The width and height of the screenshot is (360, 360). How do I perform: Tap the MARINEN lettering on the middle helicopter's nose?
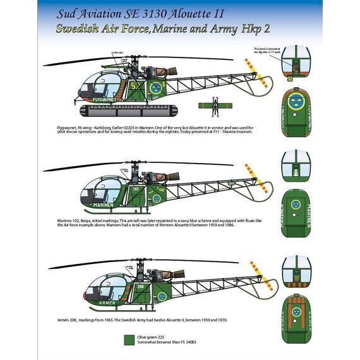pyautogui.click(x=100, y=203)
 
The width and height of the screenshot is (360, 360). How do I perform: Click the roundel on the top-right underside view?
pyautogui.click(x=296, y=102)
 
